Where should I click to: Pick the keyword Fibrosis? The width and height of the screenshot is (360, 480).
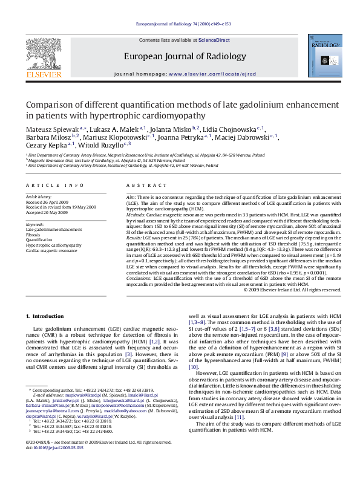click(33, 235)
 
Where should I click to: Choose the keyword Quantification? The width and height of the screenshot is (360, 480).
click(38, 240)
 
